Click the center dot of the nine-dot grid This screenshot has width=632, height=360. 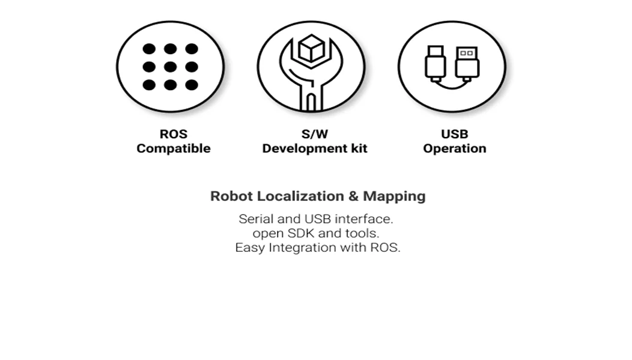click(x=170, y=67)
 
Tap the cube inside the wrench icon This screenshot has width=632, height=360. click(x=311, y=49)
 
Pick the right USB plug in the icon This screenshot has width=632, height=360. click(x=467, y=63)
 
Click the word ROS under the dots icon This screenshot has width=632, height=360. click(x=173, y=134)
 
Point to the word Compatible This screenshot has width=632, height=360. click(x=173, y=148)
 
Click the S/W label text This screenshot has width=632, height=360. click(x=314, y=134)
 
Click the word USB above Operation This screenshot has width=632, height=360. click(x=454, y=134)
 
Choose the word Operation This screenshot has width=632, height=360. click(x=454, y=148)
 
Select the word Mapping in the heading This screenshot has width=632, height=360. click(x=394, y=196)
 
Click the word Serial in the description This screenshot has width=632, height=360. click(x=256, y=219)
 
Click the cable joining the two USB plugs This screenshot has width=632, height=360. click(x=451, y=85)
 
